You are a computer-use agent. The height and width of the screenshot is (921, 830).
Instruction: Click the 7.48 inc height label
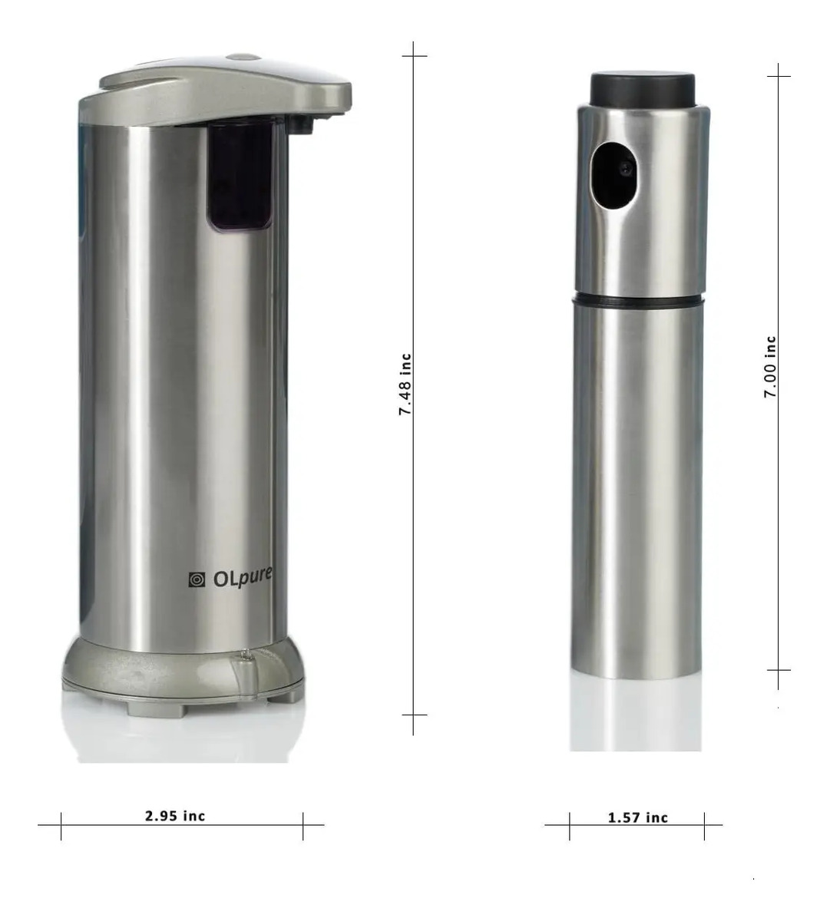pyautogui.click(x=405, y=385)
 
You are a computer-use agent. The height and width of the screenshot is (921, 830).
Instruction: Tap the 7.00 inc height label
pyautogui.click(x=770, y=367)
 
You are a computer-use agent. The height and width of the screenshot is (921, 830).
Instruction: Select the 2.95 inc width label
pyautogui.click(x=175, y=816)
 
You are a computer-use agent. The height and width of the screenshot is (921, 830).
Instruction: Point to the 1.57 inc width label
pyautogui.click(x=638, y=817)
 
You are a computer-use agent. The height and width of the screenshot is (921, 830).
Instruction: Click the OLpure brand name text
pyautogui.click(x=243, y=578)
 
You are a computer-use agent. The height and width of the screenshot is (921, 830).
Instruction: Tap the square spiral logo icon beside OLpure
pyautogui.click(x=197, y=580)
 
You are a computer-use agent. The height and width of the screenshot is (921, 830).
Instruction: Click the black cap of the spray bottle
pyautogui.click(x=642, y=88)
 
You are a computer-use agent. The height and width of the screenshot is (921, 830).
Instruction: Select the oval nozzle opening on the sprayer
pyautogui.click(x=613, y=175)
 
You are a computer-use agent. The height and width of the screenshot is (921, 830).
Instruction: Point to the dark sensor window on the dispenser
pyautogui.click(x=239, y=176)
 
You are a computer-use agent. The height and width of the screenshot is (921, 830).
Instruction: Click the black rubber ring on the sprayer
pyautogui.click(x=638, y=300)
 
